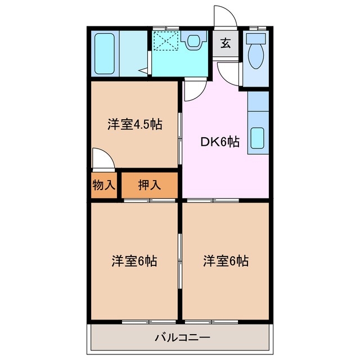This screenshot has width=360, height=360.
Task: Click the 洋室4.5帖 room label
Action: [135, 124]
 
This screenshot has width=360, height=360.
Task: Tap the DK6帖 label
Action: [220, 142]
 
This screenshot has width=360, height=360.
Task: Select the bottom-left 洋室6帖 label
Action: [133, 261]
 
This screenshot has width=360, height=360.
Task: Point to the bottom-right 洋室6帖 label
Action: [226, 261]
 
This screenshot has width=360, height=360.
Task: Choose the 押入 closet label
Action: [150, 185]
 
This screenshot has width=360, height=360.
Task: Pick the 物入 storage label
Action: [104, 185]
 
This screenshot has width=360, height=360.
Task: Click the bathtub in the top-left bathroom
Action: [105, 52]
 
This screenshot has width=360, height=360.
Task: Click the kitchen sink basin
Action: [258, 138]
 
